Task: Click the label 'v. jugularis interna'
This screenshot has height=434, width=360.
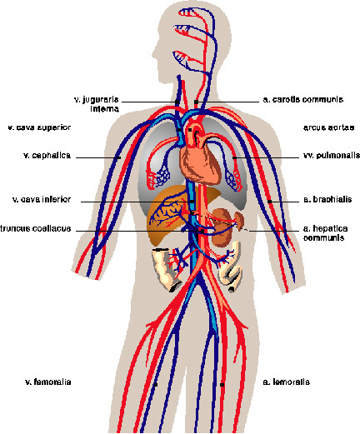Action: [x=97, y=104]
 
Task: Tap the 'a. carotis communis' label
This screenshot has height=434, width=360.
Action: [x=303, y=99]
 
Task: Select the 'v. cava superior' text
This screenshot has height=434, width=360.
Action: [x=39, y=127]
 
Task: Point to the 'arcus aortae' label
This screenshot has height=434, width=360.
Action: [x=328, y=127]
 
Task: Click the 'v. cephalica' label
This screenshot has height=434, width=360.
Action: [x=47, y=155]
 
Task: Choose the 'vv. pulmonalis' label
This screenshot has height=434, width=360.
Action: [x=332, y=155]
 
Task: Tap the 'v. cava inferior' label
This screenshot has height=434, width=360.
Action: [x=42, y=199]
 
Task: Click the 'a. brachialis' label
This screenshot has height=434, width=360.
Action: [x=327, y=199]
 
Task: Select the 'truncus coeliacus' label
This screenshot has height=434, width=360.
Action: [x=36, y=228]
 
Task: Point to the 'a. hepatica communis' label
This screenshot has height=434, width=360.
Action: [x=325, y=233]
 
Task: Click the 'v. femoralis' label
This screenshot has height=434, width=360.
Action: [x=48, y=382]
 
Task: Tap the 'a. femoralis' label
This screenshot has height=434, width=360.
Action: [x=286, y=382]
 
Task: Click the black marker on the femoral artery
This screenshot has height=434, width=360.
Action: [x=222, y=385]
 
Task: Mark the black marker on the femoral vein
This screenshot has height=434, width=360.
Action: [x=156, y=385]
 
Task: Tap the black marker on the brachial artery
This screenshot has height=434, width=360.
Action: [x=269, y=202]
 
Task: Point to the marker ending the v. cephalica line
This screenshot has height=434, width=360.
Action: [x=119, y=157]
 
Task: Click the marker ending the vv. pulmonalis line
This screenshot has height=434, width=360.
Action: [x=234, y=157]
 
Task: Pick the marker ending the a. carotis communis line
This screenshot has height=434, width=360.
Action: [x=196, y=102]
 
